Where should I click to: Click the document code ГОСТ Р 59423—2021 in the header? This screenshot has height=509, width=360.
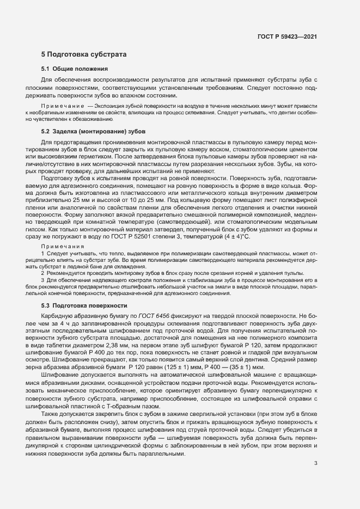point(287,37)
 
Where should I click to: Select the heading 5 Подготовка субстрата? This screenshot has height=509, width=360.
point(84,54)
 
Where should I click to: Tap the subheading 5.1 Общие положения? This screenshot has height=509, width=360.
point(75,69)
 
